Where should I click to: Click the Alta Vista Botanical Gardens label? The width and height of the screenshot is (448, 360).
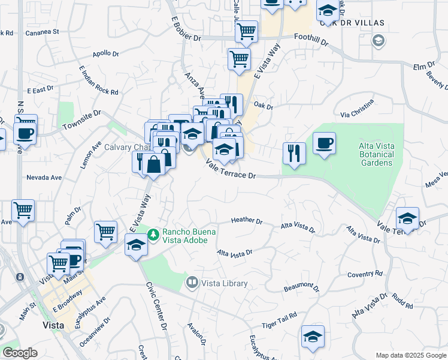376,154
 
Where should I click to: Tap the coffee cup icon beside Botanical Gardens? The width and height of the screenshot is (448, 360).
324,143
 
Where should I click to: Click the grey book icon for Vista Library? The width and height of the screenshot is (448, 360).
192,281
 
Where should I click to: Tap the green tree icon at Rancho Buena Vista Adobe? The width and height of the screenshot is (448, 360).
154,233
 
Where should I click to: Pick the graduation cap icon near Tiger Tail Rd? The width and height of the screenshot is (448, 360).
313,337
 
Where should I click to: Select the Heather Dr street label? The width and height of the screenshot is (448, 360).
247,221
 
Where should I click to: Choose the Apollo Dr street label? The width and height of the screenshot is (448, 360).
106,53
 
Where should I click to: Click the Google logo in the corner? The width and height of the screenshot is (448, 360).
20,353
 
